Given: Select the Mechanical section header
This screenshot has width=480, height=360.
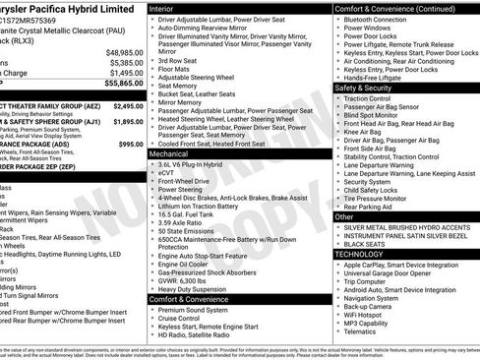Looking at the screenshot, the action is (x=174, y=154).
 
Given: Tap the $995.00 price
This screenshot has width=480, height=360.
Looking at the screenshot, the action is (x=131, y=145).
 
